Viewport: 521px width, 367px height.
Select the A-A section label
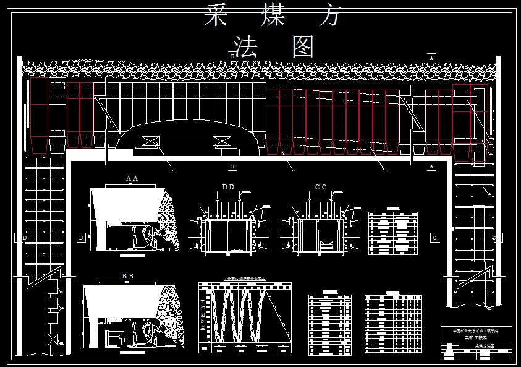click(132, 178)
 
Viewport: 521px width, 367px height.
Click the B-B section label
click(128, 275)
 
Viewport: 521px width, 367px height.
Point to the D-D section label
click(228, 186)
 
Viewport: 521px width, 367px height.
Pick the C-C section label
click(320, 186)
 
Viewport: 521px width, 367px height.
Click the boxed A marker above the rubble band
click(431, 57)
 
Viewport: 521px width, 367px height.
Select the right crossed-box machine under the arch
click(221, 142)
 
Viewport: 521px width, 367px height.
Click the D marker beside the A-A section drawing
click(81, 238)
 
